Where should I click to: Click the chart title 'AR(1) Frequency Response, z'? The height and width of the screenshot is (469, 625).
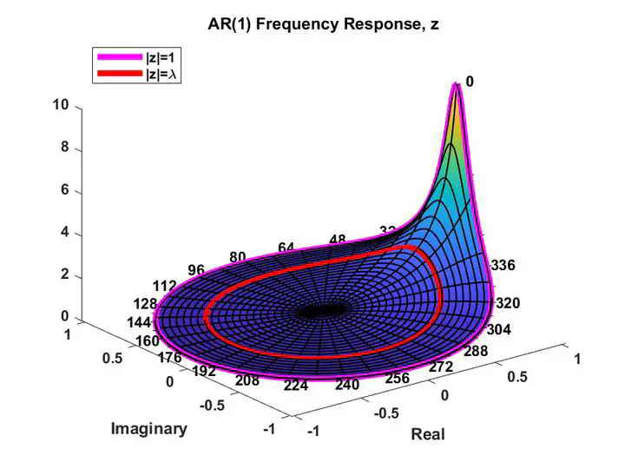[x=324, y=24]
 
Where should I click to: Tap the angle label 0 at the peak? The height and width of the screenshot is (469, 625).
[x=470, y=82]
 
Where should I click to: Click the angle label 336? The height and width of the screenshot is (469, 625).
[x=503, y=266]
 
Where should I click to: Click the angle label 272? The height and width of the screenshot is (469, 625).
[x=441, y=367]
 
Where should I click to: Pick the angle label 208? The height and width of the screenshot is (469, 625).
[x=247, y=380]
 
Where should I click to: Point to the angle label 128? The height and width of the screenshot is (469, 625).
[x=146, y=303]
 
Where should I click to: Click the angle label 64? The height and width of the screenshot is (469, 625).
[x=287, y=248]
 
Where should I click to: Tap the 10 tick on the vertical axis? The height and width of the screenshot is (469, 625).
[x=61, y=105]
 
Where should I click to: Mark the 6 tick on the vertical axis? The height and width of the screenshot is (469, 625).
[x=63, y=191]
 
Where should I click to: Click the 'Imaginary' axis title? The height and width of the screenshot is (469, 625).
[x=148, y=428]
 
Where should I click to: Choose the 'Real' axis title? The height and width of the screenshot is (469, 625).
[x=427, y=433]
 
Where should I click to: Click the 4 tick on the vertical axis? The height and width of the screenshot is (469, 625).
[x=63, y=234]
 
